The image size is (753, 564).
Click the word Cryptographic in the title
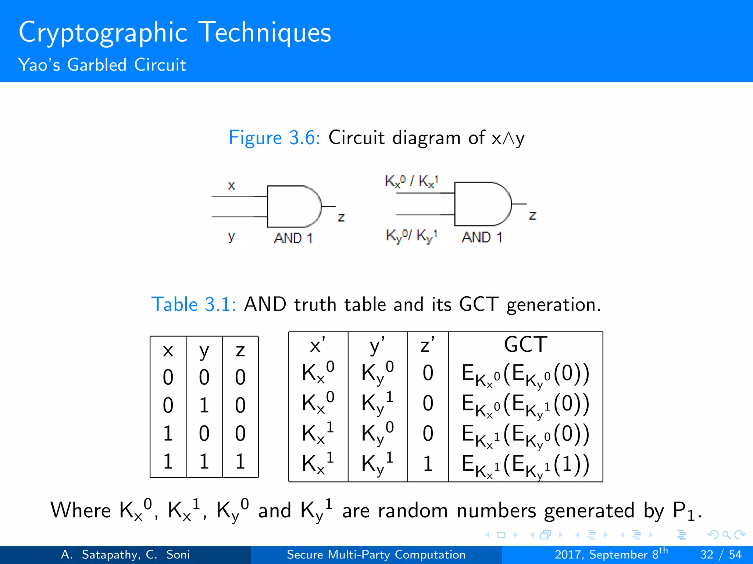pos(103,33)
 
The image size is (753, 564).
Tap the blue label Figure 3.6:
pos(274,138)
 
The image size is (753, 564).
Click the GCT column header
pos(525,345)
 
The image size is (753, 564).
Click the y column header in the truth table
pos(204,351)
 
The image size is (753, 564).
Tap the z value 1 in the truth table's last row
pos(240,461)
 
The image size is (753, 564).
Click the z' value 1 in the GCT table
pos(428,464)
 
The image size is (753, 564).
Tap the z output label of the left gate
pos(341,217)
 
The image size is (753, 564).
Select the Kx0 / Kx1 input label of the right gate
pos(411,181)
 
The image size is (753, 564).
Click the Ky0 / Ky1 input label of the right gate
pos(411,235)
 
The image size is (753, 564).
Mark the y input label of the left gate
pos(231,236)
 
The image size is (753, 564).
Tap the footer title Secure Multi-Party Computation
pos(376,554)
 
